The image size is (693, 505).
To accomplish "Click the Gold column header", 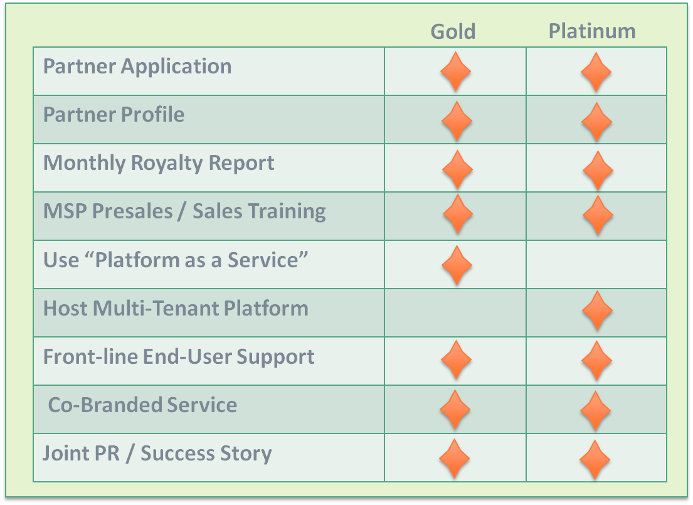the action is tap(453, 31).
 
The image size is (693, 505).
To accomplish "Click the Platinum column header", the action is tap(592, 31).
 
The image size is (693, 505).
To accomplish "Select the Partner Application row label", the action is tap(137, 67).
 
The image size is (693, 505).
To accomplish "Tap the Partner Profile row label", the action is tap(114, 115).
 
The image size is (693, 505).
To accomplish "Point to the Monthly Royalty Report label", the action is tap(159, 164).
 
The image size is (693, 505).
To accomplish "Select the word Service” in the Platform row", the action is tap(268, 260).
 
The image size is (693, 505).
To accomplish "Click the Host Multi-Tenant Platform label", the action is tap(176, 308).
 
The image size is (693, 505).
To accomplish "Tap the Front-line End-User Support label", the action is tap(179, 358).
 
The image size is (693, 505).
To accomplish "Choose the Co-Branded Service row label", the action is tap(142, 405).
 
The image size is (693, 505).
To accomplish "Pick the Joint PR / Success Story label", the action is tap(157, 454).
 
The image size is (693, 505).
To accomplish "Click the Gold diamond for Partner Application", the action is tap(456, 72).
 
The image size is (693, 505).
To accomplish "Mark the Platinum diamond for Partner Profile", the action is tap(596, 122).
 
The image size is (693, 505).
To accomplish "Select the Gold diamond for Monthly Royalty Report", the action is tap(457, 170).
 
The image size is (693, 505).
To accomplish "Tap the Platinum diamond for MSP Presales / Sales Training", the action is tap(598, 215).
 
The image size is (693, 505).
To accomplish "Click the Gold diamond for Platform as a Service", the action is tap(457, 265).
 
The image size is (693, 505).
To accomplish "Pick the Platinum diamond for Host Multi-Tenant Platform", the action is tap(598, 311).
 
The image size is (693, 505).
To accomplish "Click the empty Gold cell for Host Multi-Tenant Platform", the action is tap(455, 312).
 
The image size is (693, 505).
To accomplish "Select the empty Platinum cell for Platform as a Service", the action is tap(596, 265).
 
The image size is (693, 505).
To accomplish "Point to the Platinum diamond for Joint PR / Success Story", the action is tap(595, 460).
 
